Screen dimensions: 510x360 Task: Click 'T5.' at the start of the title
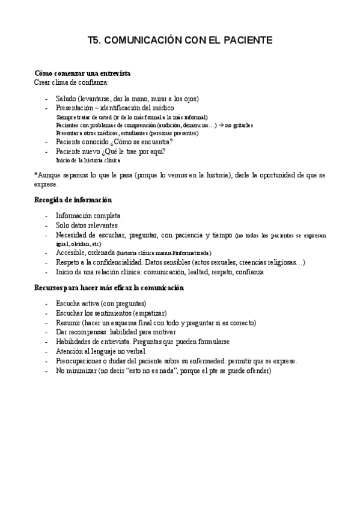pos(94,40)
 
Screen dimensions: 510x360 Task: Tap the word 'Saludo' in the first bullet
pos(66,99)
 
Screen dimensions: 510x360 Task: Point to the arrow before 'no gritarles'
pos(221,125)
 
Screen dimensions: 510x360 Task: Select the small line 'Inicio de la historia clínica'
pos(88,160)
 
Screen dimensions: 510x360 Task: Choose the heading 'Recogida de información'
pos(73,200)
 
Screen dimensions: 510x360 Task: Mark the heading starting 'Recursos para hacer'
pos(109,288)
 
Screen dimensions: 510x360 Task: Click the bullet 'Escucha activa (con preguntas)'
pos(101,304)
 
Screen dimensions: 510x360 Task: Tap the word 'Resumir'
pos(68,322)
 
